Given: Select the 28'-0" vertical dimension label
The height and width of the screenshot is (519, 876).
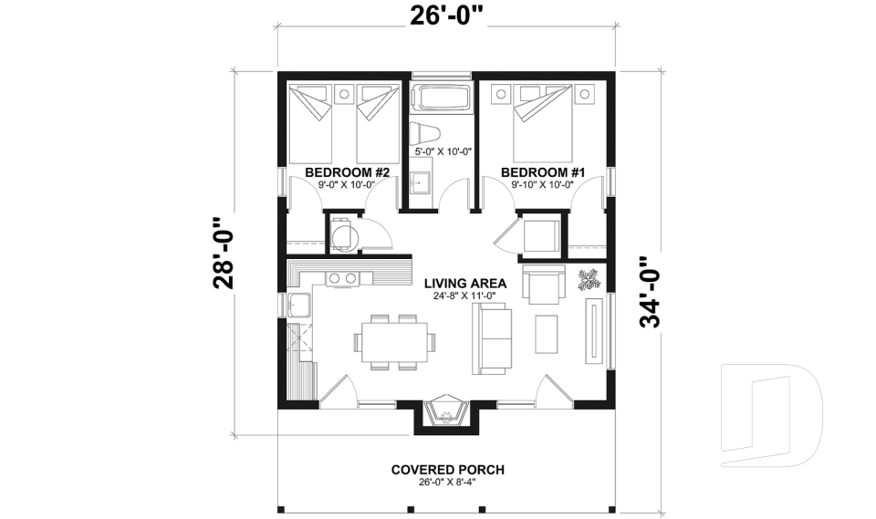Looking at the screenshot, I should click(x=224, y=253).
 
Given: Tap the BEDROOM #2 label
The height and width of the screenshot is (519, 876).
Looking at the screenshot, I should click(x=347, y=172).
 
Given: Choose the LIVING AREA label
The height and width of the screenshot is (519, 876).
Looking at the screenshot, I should click(x=464, y=283).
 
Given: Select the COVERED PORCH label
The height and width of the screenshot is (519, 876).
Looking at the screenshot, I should click(x=447, y=470).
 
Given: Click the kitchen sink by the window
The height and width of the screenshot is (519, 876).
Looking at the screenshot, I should click(x=298, y=305).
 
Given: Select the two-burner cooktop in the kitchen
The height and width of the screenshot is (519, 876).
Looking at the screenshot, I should click(x=341, y=277).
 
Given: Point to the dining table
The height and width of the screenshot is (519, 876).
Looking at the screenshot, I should click(x=392, y=341).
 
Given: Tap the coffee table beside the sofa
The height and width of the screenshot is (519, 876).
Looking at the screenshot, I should click(x=547, y=334).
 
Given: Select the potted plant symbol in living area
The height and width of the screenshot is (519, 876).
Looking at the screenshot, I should click(x=589, y=278).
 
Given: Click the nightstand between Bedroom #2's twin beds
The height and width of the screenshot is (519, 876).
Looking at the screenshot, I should click(x=345, y=93).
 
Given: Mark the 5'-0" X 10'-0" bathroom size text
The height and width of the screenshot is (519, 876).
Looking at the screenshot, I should click(x=442, y=152).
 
